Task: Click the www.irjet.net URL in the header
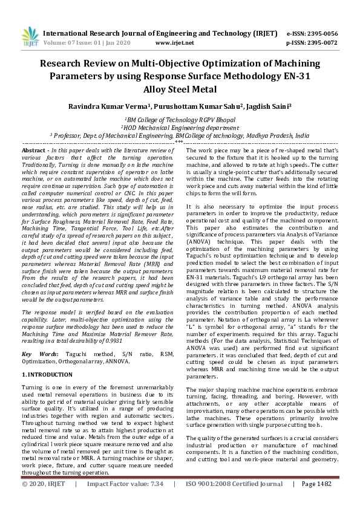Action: pos(174,43)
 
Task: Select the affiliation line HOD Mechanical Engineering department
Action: pos(180,128)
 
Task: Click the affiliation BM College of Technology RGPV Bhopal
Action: pos(180,120)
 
